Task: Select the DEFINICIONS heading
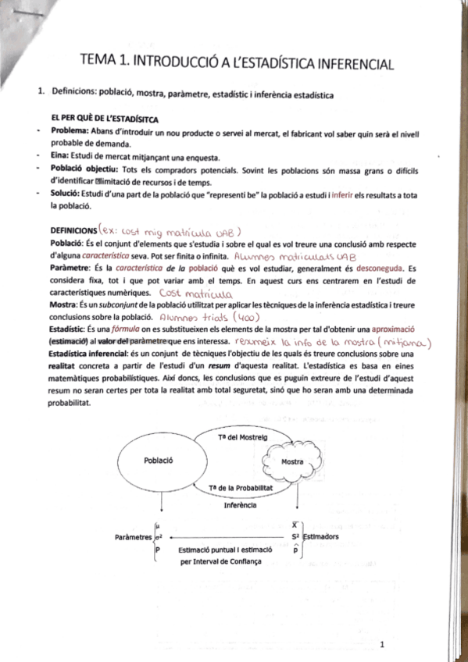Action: (x=73, y=230)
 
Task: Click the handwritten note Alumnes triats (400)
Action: (x=205, y=318)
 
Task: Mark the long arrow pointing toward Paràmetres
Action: (x=227, y=537)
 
